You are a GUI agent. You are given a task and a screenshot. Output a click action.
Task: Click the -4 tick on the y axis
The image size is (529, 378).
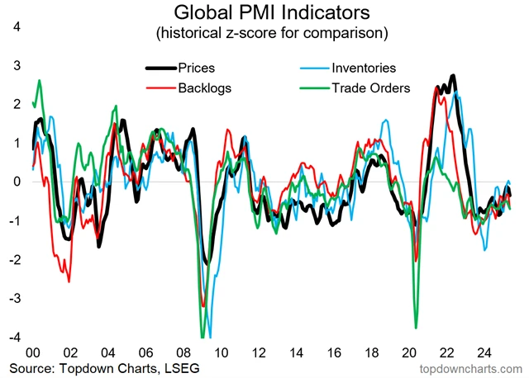(13, 338)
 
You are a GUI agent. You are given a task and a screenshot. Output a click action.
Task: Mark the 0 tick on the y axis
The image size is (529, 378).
(15, 182)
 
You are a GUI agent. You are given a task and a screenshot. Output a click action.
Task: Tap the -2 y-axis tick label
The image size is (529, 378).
(13, 260)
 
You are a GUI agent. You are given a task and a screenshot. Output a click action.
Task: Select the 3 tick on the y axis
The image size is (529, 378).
(15, 65)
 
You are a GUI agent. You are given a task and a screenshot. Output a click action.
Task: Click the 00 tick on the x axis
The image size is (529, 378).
(36, 349)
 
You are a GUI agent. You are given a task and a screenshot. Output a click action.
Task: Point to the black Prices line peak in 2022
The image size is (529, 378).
(452, 77)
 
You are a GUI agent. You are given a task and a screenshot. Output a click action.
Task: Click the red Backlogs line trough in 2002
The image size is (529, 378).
(69, 281)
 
